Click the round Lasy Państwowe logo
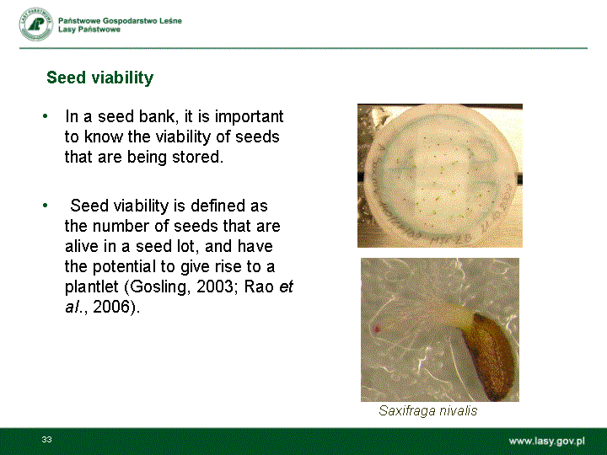coord(36,24)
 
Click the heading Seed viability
coord(99,78)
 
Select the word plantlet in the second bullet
coord(91,286)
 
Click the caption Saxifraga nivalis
coord(427,410)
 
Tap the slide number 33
coord(47,440)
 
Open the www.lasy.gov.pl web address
coord(546,441)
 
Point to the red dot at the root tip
coord(376,329)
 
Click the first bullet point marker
coord(46,116)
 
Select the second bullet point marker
coord(46,206)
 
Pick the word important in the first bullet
coord(250,117)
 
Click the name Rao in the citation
coord(259,286)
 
